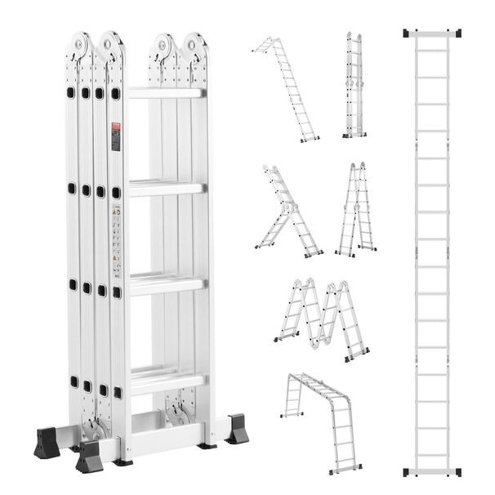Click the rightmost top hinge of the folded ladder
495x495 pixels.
click(x=194, y=48)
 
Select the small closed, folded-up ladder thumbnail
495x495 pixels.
click(x=354, y=85)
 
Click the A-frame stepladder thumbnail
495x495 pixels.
click(x=355, y=209)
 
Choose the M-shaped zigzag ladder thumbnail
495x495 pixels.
click(x=321, y=318)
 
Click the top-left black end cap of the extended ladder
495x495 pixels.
click(x=408, y=33)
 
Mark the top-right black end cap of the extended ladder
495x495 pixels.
click(x=456, y=33)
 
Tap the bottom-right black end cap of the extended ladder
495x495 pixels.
click(x=456, y=472)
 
